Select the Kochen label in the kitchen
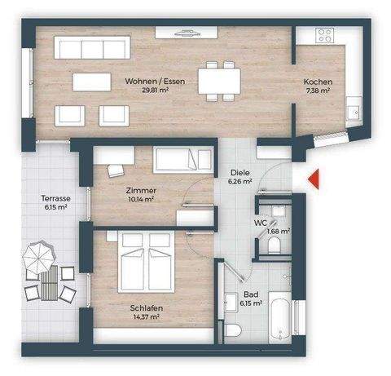(316, 82)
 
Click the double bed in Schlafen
(147, 263)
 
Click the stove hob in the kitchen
(324, 35)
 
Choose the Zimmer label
(141, 189)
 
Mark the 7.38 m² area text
(316, 92)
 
